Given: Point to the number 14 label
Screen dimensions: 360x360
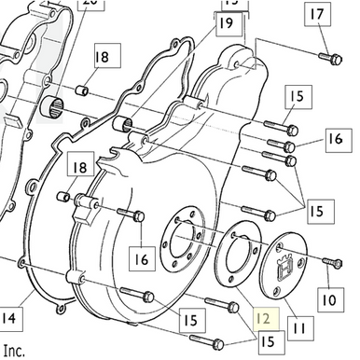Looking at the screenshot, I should [x=8, y=320].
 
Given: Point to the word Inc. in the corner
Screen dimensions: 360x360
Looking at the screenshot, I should [x=13, y=352].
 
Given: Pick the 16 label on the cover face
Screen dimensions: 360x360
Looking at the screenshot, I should [x=143, y=258].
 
